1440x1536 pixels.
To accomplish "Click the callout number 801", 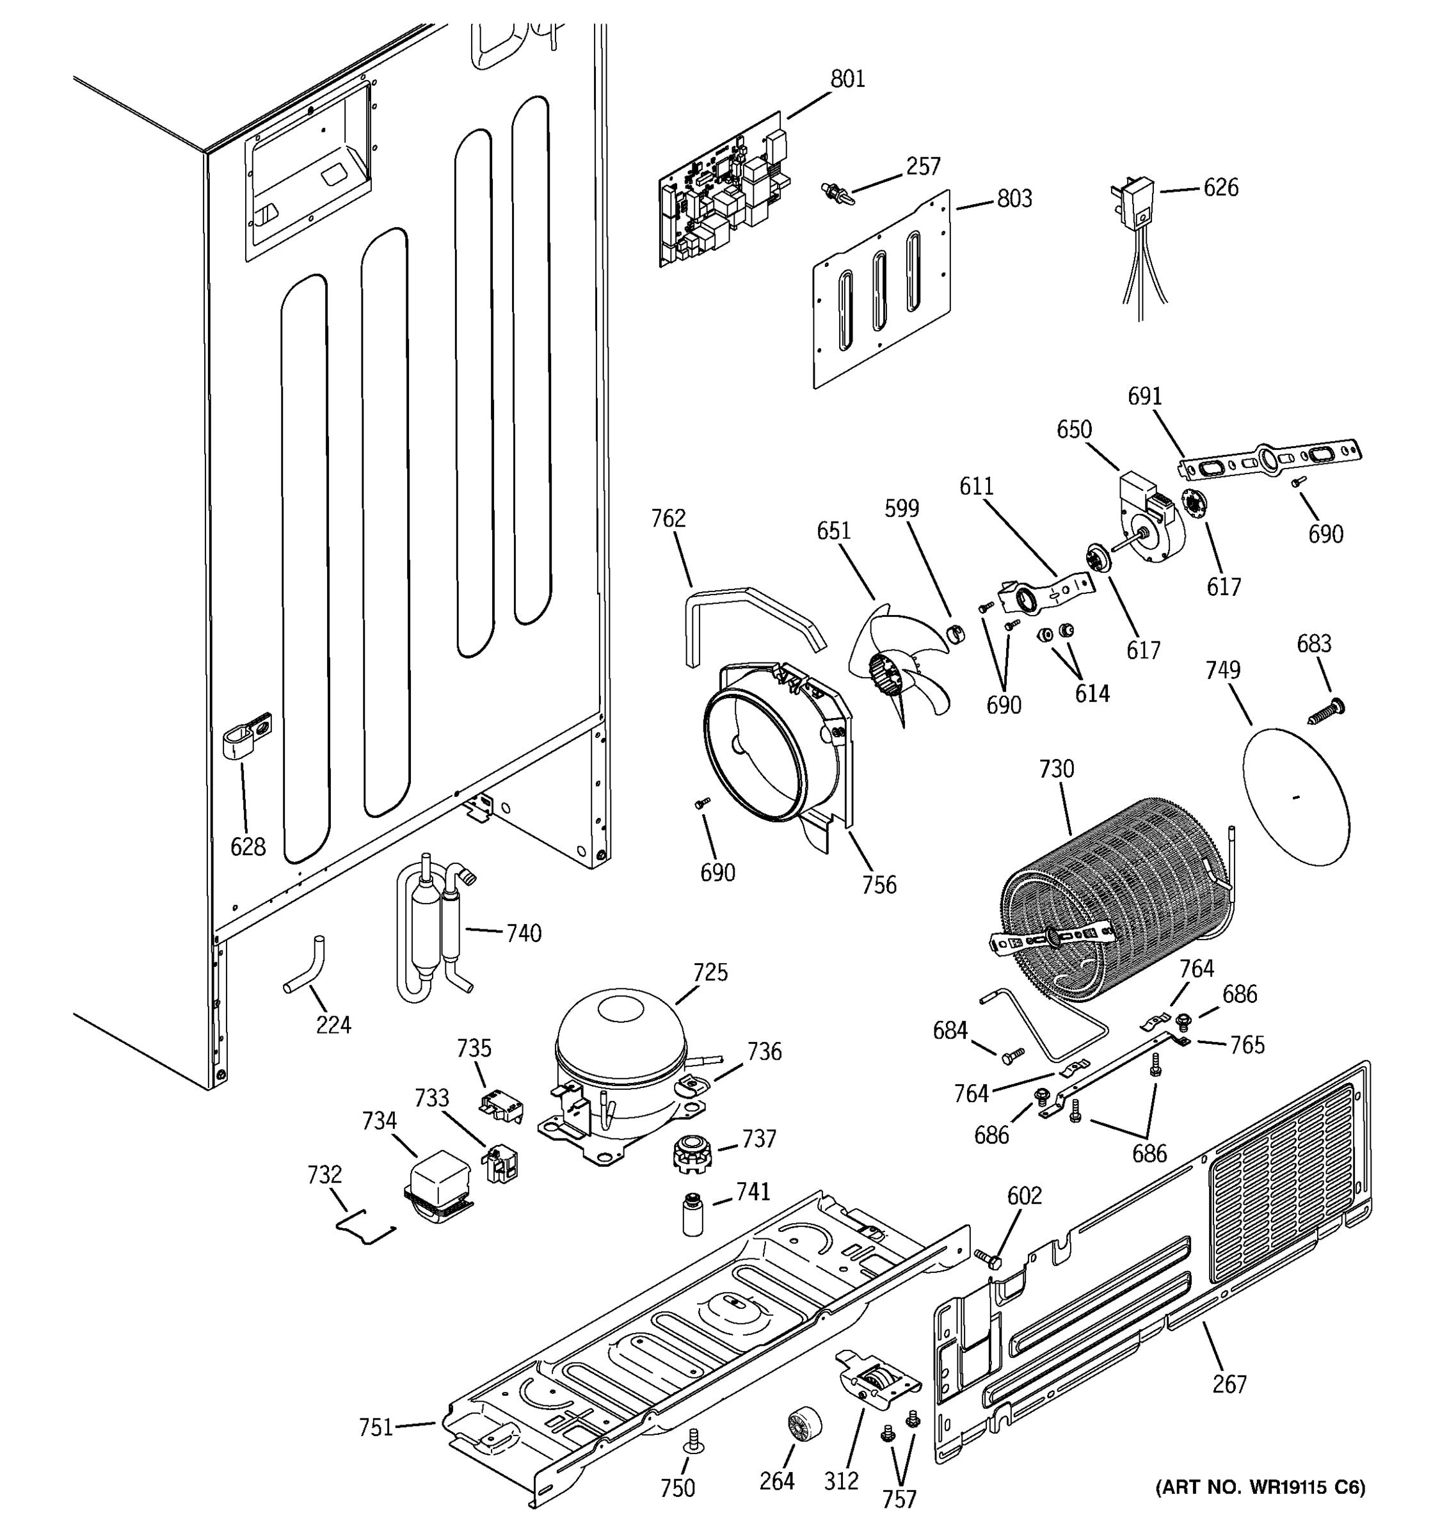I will point(847,79).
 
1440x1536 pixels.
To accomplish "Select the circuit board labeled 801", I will point(724,191).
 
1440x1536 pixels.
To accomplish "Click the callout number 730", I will point(1055,769).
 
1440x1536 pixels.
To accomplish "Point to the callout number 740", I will point(523,933).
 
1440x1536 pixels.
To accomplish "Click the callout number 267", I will point(1229,1383).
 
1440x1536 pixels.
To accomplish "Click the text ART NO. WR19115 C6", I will point(1260,1487).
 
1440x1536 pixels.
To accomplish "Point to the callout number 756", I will point(879,884).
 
